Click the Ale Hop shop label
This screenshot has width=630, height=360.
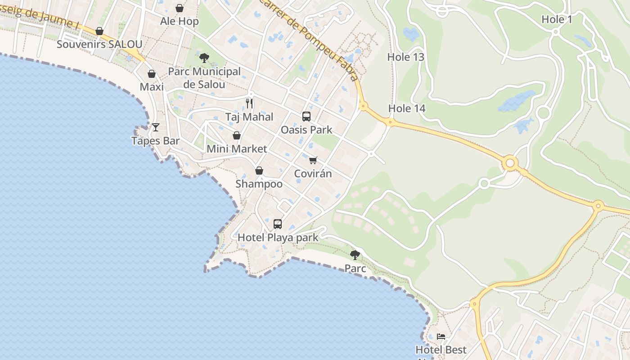(179, 21)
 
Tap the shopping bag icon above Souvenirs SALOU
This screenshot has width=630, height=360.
(99, 31)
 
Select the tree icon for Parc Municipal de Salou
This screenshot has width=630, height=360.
(204, 58)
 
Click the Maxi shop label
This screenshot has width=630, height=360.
(152, 86)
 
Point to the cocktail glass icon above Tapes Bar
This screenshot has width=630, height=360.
(156, 127)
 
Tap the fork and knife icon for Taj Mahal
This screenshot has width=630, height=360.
(249, 103)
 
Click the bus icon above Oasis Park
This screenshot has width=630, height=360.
(306, 117)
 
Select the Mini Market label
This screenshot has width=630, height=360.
(237, 148)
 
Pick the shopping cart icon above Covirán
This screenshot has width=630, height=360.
(313, 160)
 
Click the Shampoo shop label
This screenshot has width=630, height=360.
(259, 184)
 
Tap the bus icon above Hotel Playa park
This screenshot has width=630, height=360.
(278, 224)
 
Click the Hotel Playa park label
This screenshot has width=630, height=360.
(278, 237)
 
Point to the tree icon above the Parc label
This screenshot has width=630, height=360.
(355, 255)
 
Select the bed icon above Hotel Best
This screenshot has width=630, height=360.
(441, 336)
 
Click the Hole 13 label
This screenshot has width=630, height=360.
(405, 57)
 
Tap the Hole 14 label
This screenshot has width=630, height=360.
(406, 108)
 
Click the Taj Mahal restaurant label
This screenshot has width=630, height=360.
(249, 117)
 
